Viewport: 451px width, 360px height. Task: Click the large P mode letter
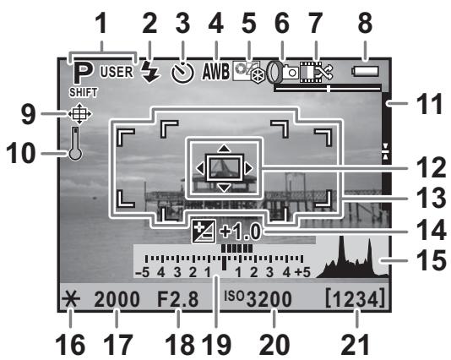[x=83, y=73]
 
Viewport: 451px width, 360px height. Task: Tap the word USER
[x=117, y=72]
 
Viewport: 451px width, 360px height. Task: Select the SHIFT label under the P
[x=83, y=92]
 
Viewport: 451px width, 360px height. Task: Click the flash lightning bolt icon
[x=150, y=72]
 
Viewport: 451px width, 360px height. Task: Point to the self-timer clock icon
[x=182, y=73]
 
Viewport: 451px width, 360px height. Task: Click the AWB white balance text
[x=215, y=71]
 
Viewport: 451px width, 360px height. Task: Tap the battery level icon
[x=365, y=71]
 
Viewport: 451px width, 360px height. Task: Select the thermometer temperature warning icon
[x=75, y=144]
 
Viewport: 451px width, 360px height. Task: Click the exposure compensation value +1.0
[x=241, y=232]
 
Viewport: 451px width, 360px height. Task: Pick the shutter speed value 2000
[x=117, y=299]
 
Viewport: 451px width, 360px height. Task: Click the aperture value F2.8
[x=177, y=299]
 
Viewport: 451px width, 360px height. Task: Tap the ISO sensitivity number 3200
[x=269, y=299]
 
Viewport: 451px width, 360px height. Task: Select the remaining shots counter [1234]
[x=355, y=297]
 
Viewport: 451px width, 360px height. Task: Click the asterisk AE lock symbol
[x=70, y=299]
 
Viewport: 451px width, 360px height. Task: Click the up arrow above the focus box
[x=224, y=149]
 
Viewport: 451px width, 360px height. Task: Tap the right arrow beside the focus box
[x=249, y=168]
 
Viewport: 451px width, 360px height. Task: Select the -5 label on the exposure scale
[x=143, y=272]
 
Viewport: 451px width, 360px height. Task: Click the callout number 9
[x=28, y=115]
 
